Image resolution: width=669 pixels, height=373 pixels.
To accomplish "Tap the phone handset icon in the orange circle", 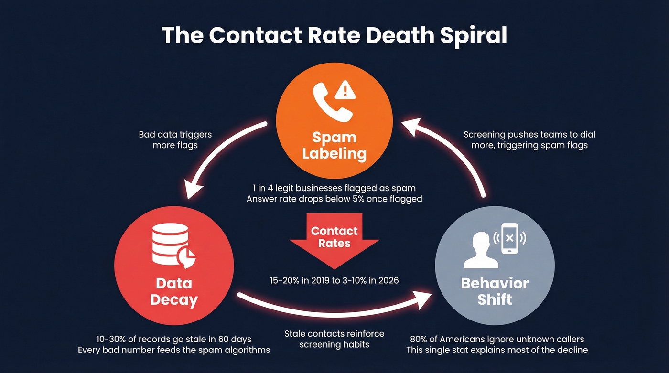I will coord(332,102).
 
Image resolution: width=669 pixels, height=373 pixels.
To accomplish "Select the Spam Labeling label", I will coord(334,146).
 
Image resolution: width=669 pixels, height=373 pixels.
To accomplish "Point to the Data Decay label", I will coord(174,292).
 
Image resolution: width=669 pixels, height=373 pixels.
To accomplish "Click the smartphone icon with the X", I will coord(510,237).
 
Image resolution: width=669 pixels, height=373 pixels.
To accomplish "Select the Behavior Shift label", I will coord(495,291).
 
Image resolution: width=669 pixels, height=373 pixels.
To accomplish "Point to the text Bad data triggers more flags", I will coord(175,139).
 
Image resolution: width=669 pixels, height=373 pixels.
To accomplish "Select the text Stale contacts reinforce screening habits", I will coord(334,339).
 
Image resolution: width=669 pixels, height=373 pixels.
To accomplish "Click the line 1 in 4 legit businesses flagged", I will coord(334,188).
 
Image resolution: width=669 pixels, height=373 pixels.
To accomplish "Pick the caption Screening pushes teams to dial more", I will coord(529,139).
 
